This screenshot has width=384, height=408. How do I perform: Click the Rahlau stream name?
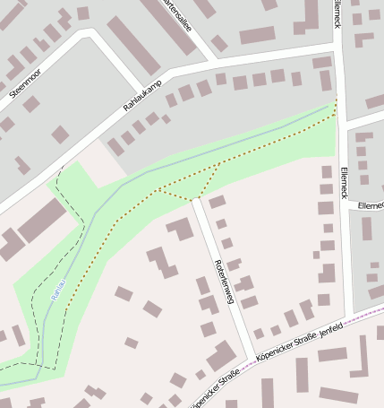point(57,295)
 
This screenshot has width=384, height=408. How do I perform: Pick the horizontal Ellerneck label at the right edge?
point(370,205)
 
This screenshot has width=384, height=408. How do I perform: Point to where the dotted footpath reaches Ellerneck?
point(337,106)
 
